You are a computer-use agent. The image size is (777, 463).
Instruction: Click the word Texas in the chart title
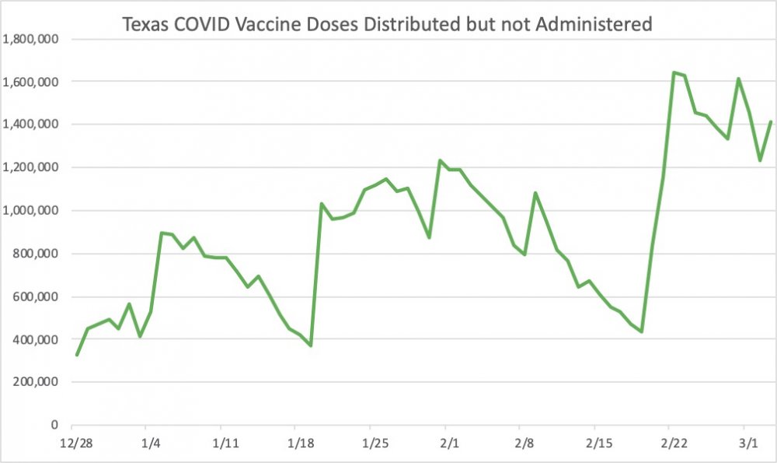click(x=145, y=25)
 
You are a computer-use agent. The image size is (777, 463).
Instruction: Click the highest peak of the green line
click(x=673, y=73)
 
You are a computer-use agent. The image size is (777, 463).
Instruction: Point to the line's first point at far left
click(x=77, y=355)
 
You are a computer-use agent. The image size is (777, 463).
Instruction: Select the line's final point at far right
click(x=771, y=122)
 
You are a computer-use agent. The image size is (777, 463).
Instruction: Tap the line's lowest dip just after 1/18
click(x=311, y=345)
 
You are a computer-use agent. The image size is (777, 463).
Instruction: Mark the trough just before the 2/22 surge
click(x=642, y=331)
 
